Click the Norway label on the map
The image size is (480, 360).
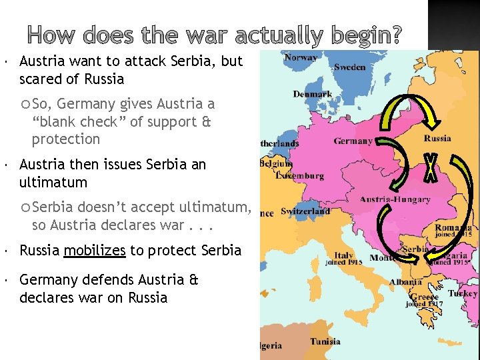[x=301, y=58]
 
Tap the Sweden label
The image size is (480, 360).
[x=349, y=67]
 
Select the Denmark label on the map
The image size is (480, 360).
[x=312, y=94]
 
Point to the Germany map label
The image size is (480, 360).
[x=353, y=141]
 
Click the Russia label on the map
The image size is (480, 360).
[x=437, y=139]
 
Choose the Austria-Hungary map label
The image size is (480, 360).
[x=395, y=199]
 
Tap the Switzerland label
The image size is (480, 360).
[x=305, y=211]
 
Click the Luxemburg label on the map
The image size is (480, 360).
[x=301, y=176]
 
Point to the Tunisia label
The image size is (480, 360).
[x=325, y=342]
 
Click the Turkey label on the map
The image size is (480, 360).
[x=462, y=293]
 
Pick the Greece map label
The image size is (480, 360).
[x=423, y=297]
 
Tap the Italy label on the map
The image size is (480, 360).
[x=344, y=255]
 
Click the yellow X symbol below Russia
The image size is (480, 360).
[x=431, y=167]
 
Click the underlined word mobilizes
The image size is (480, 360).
[x=95, y=251]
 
